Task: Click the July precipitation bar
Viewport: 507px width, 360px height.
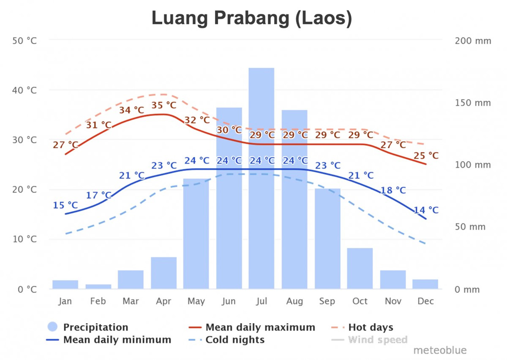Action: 261,178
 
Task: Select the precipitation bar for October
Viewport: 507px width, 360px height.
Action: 360,269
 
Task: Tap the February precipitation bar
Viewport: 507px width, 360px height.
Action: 98,286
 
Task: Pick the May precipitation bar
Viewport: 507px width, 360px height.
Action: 196,234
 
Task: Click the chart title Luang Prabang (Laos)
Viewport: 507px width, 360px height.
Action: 252,19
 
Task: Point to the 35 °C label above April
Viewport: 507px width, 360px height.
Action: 164,105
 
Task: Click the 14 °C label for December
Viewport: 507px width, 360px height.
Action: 426,210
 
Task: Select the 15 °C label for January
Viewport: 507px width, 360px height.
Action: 65,205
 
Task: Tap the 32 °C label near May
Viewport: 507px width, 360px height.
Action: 197,120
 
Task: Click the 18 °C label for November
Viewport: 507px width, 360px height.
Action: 393,190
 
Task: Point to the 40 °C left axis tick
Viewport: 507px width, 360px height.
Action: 27,90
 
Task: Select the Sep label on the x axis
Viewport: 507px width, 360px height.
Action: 327,301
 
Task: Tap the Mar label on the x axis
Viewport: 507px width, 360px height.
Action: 131,301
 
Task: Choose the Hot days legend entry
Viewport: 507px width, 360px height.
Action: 370,328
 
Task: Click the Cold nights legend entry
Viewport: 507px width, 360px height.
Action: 235,340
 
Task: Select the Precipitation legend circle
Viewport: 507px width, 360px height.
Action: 52,327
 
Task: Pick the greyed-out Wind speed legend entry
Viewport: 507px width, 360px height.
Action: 377,340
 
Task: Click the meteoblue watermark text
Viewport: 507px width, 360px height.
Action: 440,350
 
